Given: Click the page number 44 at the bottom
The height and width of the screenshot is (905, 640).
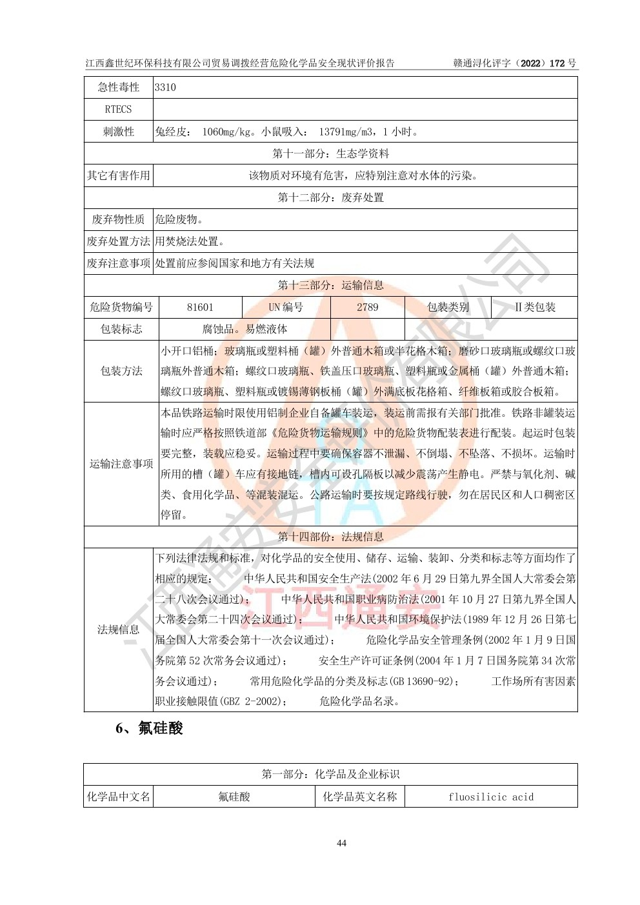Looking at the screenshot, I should [x=341, y=843].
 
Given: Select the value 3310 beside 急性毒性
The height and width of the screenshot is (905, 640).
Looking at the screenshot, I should [x=165, y=87].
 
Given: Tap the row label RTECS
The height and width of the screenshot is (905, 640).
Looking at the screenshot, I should [x=118, y=109].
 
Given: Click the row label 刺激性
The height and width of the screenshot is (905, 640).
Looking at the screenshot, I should [x=118, y=132].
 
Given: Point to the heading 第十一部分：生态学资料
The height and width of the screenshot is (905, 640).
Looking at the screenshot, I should [x=330, y=154].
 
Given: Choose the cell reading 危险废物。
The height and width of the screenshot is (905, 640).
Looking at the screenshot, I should [x=179, y=219].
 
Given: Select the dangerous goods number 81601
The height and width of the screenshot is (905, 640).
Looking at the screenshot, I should [x=200, y=307].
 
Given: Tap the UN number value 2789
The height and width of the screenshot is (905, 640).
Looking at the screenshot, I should [x=367, y=307].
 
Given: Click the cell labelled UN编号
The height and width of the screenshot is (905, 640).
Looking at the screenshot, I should [x=286, y=307].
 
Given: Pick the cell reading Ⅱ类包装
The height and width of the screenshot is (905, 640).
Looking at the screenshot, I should [x=535, y=307].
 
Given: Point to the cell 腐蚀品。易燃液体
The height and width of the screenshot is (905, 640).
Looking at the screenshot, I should [x=245, y=329].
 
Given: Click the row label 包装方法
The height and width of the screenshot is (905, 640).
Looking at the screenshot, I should [x=121, y=371].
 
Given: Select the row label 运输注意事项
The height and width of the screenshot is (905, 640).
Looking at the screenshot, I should [x=121, y=464].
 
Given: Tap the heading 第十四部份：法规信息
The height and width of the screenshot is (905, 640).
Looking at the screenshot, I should [x=330, y=537].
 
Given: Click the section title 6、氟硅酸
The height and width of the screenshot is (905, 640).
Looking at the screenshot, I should [x=149, y=728].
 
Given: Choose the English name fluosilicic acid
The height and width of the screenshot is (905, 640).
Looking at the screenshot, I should [x=491, y=797].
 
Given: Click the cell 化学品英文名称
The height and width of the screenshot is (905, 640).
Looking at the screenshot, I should [x=359, y=797].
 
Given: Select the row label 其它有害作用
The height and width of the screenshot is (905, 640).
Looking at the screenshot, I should [x=118, y=175].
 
